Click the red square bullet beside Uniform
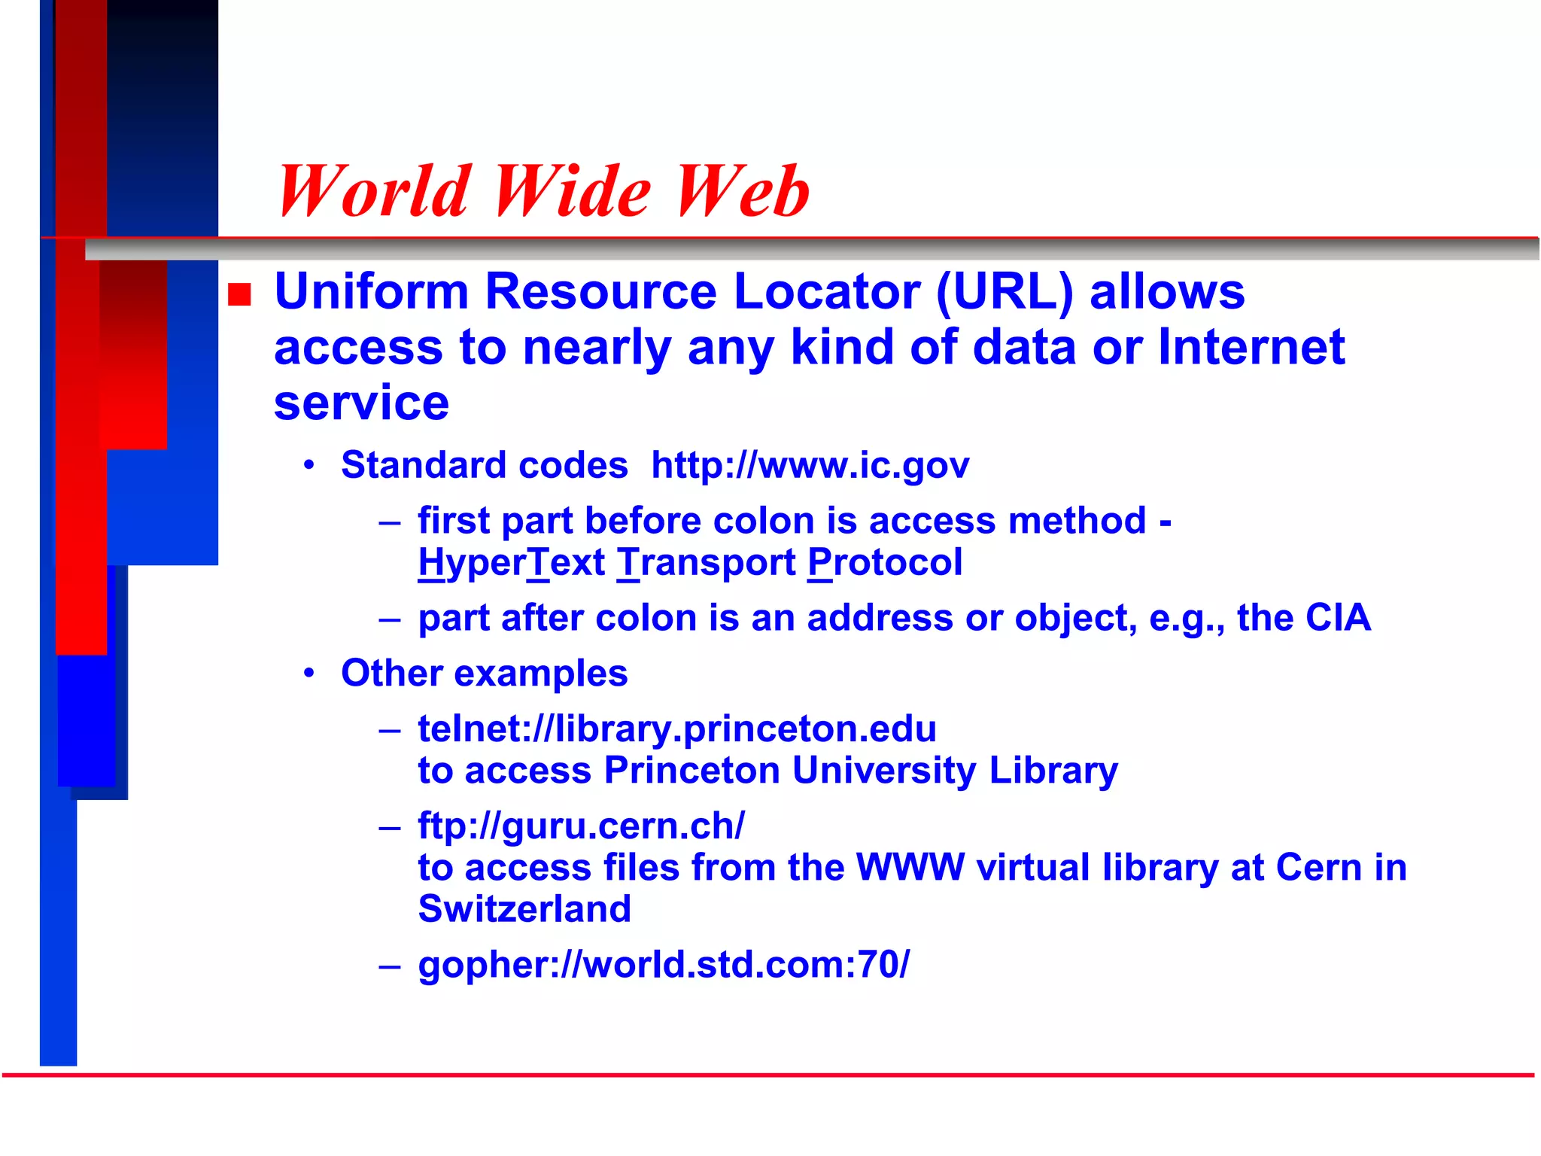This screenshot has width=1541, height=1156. click(239, 294)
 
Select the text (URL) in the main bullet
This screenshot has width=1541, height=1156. click(1005, 292)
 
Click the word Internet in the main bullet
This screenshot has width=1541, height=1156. click(1251, 348)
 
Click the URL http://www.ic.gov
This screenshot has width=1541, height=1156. click(810, 466)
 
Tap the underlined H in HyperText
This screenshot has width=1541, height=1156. click(433, 562)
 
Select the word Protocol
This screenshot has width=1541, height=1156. click(885, 562)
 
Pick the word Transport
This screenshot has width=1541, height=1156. click(706, 562)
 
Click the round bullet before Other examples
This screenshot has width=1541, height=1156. click(309, 672)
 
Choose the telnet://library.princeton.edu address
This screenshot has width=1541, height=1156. click(677, 729)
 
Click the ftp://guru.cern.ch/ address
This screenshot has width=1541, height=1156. click(581, 826)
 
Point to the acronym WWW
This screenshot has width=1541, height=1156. click(910, 867)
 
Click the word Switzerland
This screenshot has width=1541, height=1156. click(524, 909)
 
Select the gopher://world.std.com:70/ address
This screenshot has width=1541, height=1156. click(664, 965)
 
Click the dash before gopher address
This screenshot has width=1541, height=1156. click(390, 966)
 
